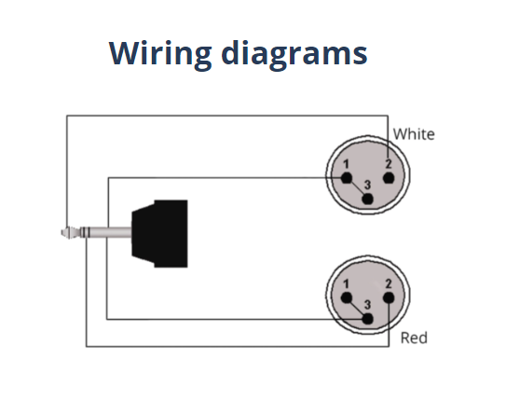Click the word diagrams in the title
click(x=294, y=55)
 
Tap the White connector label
click(x=414, y=134)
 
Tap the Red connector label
click(x=414, y=338)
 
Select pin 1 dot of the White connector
click(x=347, y=178)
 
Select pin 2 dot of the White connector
click(x=389, y=178)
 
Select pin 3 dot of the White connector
click(x=367, y=199)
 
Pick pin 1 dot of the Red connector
click(x=347, y=297)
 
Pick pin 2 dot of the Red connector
click(x=389, y=297)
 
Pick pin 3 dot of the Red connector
click(x=367, y=319)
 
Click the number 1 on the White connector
click(x=347, y=164)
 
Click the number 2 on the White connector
click(x=389, y=164)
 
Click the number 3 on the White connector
click(x=367, y=185)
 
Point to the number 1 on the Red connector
click(x=347, y=284)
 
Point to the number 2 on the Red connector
click(x=389, y=283)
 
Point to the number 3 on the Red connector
click(x=367, y=305)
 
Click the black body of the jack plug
click(x=160, y=233)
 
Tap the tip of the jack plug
click(x=62, y=232)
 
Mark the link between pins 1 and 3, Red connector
click(x=357, y=309)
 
